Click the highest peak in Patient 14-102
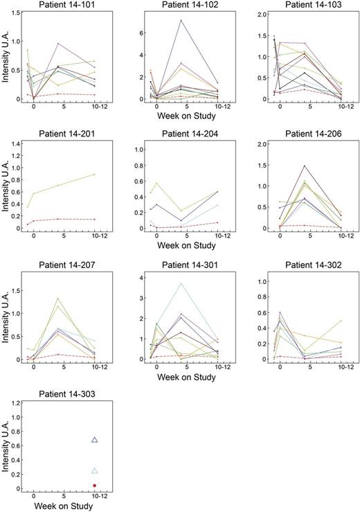181,20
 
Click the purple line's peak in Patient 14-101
58,43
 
